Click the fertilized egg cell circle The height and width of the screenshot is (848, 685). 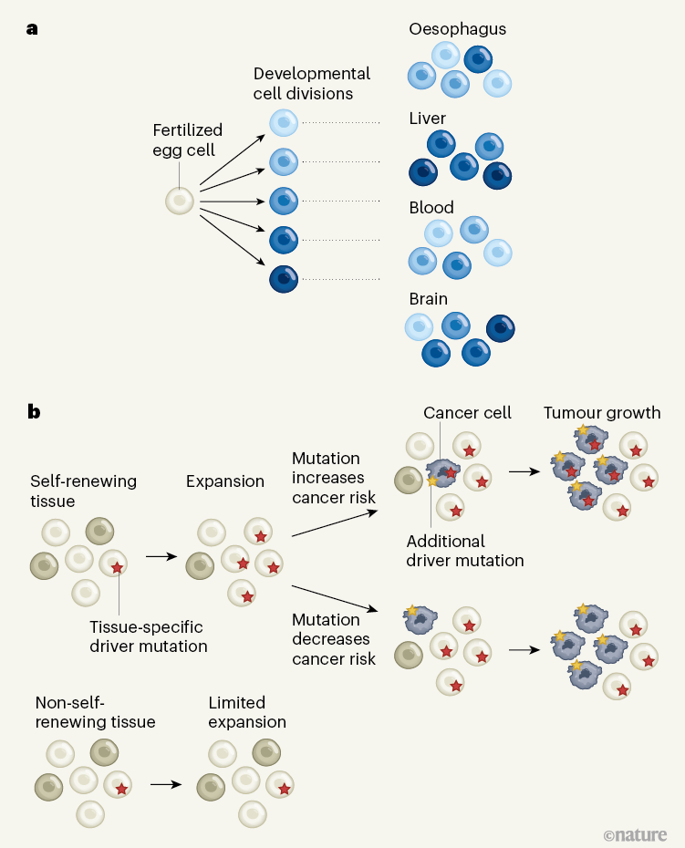[x=180, y=201]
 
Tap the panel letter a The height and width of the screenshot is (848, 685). [x=33, y=28]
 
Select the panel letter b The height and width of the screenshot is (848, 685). [x=34, y=411]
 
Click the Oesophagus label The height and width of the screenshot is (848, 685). [x=457, y=29]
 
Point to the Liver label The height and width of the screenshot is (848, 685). [x=428, y=119]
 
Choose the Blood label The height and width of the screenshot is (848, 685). [x=431, y=208]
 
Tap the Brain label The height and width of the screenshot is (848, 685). [x=429, y=297]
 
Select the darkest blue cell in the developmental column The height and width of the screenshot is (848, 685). [x=284, y=278]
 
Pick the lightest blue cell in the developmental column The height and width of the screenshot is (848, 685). [x=284, y=124]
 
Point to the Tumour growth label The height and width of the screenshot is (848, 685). [x=602, y=413]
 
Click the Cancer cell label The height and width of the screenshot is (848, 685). [x=467, y=413]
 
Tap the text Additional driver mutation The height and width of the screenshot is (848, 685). [x=465, y=551]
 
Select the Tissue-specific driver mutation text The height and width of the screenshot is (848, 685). [x=149, y=636]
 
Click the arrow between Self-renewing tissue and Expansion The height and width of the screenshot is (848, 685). [x=161, y=553]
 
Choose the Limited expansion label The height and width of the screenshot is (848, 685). [x=247, y=712]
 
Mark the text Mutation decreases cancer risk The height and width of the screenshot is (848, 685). [x=334, y=638]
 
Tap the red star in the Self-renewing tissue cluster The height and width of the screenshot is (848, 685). [x=117, y=568]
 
